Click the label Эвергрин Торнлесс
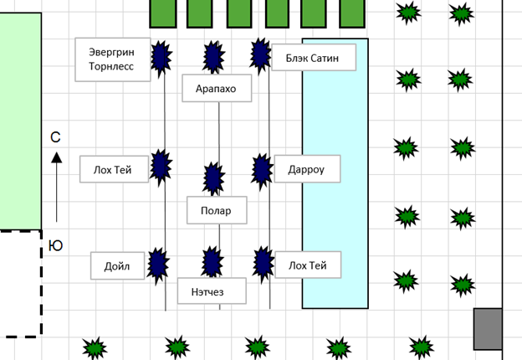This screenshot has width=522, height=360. coord(113,59)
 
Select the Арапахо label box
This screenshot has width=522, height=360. coord(217,88)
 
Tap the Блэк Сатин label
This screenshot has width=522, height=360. coord(314,58)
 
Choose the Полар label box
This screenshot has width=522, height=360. coord(217,211)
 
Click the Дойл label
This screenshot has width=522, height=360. coord(118,267)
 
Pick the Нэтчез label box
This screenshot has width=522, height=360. coord(212,291)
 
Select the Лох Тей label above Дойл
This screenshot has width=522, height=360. coord(115,169)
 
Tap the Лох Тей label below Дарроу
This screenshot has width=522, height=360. coord(309,265)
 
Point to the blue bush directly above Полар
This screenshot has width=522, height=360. coord(214,177)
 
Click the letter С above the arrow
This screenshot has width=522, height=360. coord(55,136)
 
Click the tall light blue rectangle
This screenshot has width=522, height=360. coord(335,173)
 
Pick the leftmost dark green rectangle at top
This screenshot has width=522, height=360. coord(162,13)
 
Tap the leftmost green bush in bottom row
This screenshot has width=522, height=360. coord(95,347)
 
